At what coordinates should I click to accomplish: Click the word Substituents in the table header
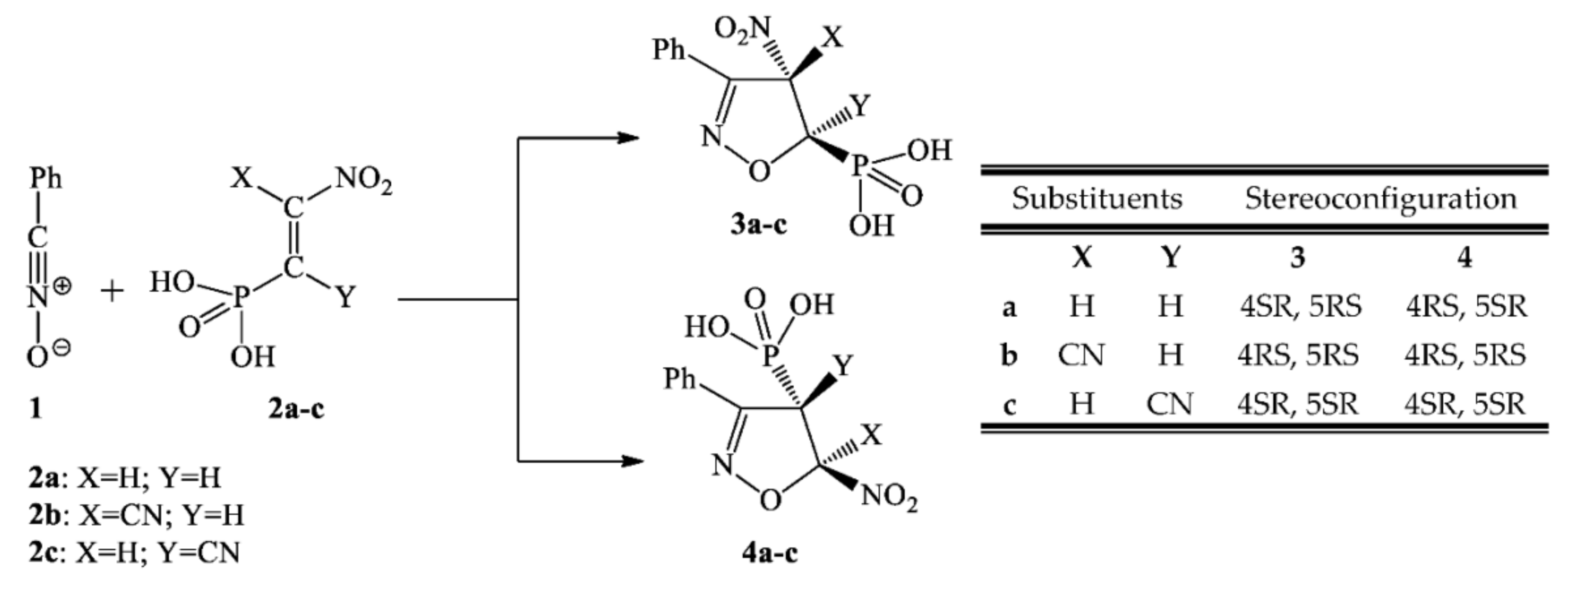click(x=1097, y=199)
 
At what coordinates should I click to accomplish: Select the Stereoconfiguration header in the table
click(x=1380, y=199)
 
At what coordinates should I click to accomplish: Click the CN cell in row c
click(x=1169, y=403)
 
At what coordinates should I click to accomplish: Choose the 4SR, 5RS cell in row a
click(x=1300, y=306)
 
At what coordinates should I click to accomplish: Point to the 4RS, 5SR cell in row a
click(x=1465, y=306)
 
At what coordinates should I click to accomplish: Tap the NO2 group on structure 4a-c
click(x=889, y=497)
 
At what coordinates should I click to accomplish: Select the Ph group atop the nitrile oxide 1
click(x=46, y=178)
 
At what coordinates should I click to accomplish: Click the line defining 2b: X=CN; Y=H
click(x=136, y=515)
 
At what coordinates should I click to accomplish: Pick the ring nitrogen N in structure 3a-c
click(x=710, y=135)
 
